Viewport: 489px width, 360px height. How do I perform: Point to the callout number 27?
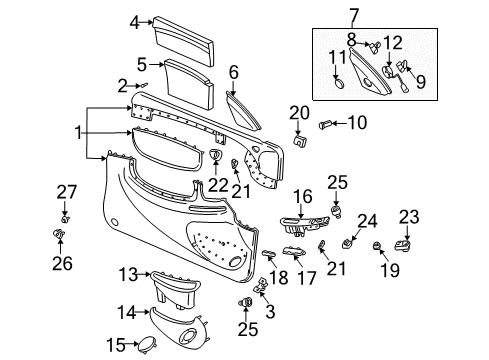click(x=65, y=191)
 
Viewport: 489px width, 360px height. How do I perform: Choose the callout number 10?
click(x=357, y=124)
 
